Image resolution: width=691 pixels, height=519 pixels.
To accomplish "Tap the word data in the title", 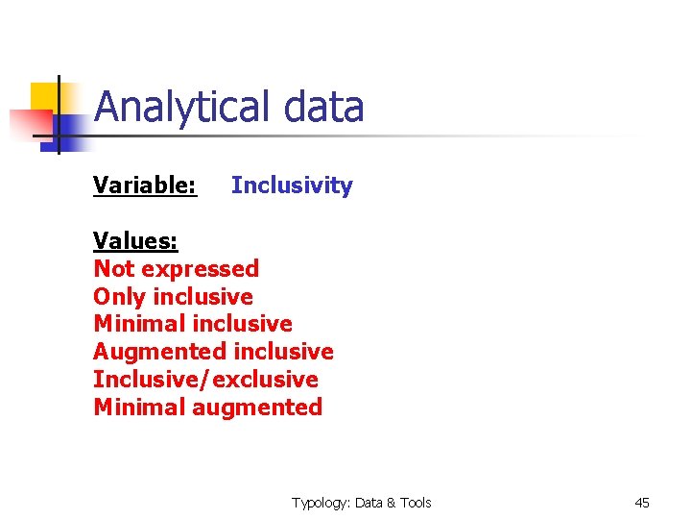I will click(x=323, y=108).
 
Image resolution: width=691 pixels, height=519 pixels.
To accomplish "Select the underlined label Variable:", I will click(x=145, y=185).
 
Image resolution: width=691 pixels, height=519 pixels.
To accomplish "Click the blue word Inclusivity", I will click(x=292, y=185).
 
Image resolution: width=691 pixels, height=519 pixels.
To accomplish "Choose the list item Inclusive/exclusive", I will click(x=205, y=380).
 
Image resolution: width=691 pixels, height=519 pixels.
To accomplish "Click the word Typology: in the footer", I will click(x=322, y=503).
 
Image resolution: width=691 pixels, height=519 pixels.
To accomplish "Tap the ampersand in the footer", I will click(x=393, y=503).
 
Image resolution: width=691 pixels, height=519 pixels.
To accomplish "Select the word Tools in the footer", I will click(x=417, y=503).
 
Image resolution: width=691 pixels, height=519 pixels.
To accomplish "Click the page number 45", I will click(x=642, y=503).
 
